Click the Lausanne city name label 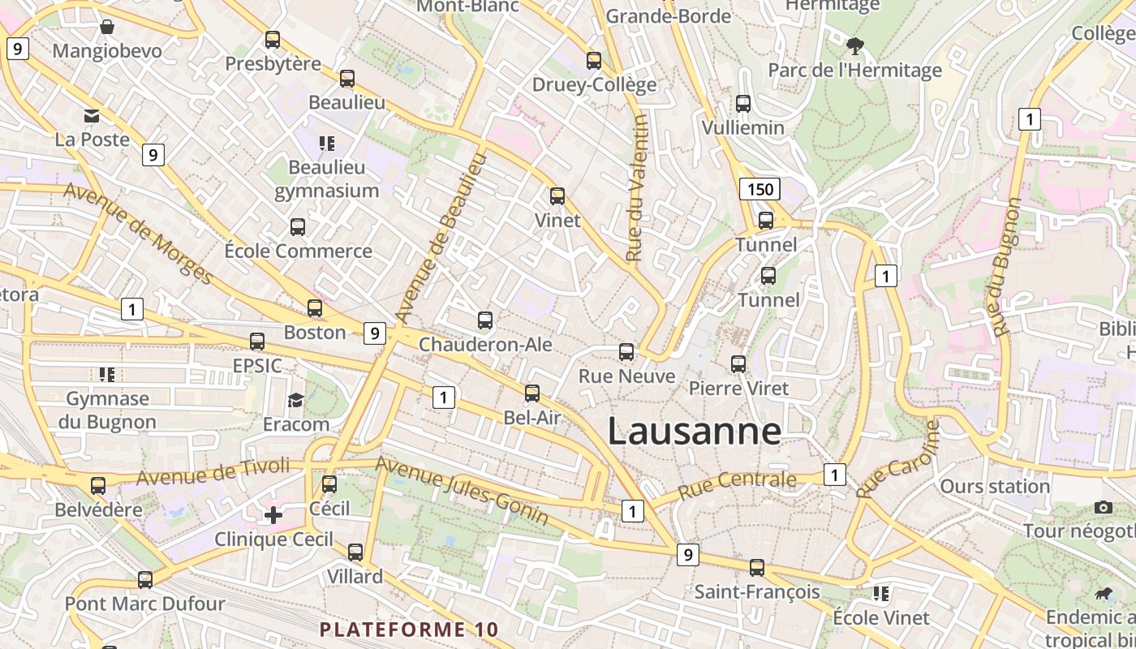695,431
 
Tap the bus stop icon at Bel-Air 532,393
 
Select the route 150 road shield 759,190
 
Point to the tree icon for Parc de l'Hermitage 854,45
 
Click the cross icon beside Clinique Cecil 273,514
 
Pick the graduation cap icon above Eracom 295,400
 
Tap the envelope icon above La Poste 92,116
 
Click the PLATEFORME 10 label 409,630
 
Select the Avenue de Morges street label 138,234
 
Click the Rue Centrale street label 737,484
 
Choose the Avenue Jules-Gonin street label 462,490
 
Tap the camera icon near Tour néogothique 1104,507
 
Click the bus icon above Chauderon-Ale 485,320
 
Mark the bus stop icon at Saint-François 757,568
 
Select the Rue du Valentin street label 637,188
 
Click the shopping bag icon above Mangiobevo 106,27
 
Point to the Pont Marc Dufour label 144,604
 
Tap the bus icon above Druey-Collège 594,61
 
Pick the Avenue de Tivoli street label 213,471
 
